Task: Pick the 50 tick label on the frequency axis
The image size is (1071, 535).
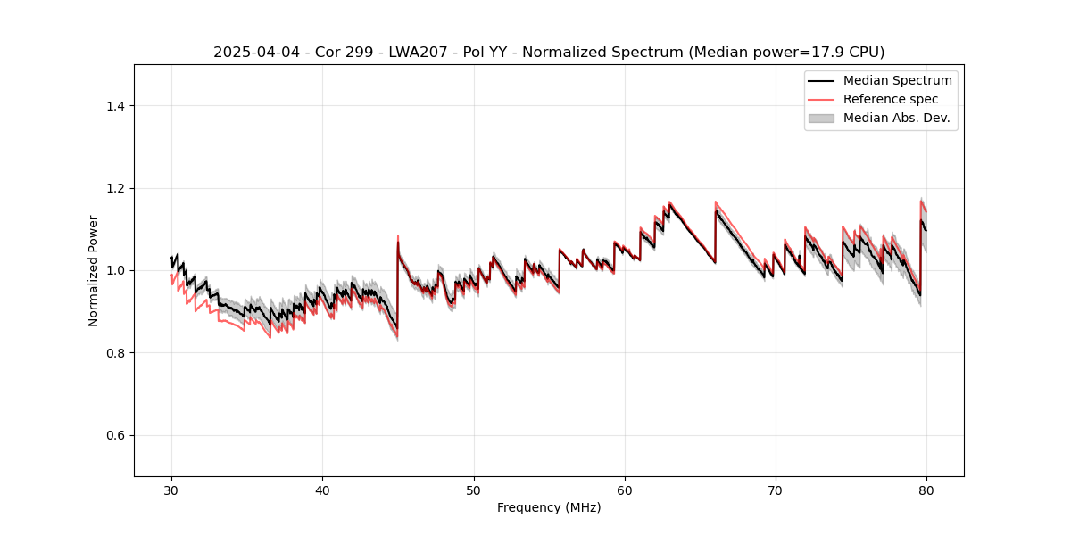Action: [x=474, y=490]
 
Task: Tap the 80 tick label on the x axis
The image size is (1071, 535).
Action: [x=926, y=490]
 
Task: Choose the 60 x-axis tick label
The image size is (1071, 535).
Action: [x=625, y=490]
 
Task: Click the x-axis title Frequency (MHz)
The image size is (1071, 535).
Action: [x=549, y=508]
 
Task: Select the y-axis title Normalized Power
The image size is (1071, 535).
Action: [x=94, y=270]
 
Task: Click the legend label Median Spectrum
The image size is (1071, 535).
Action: [x=897, y=80]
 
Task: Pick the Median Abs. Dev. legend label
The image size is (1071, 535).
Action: [x=896, y=118]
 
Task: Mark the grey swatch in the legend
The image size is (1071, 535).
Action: [x=820, y=118]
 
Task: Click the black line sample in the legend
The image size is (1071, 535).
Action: [x=820, y=80]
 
